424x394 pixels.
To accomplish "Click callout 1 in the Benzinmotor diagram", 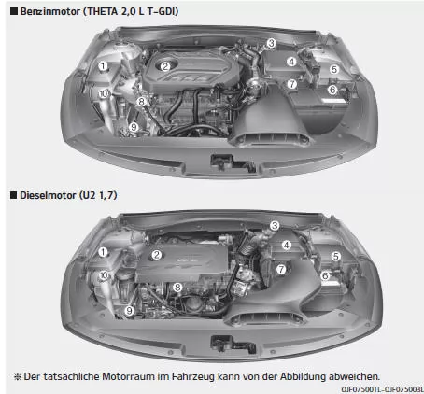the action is click(103, 66).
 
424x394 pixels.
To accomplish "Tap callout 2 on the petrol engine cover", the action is click(165, 66).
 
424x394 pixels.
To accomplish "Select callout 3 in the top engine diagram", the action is click(272, 43).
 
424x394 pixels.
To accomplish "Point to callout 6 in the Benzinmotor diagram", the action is click(332, 90).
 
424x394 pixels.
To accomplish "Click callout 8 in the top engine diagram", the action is click(141, 101).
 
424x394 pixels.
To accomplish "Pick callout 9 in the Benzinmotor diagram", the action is click(134, 127).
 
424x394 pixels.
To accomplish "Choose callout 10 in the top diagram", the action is click(104, 93).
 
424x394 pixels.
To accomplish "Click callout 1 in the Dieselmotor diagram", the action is click(103, 252).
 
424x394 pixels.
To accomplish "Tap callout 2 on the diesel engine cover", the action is click(157, 255).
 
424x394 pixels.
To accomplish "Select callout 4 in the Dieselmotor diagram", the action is click(287, 245).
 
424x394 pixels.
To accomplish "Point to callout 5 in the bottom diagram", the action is click(335, 256).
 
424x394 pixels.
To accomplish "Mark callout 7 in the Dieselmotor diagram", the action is click(281, 269).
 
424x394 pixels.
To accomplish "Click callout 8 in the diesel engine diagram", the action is click(177, 287).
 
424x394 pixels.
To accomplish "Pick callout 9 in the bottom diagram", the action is click(129, 310).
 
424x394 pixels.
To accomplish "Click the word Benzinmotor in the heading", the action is click(50, 11).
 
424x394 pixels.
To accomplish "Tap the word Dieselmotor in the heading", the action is click(49, 195).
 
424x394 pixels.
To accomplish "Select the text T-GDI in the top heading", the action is click(162, 11).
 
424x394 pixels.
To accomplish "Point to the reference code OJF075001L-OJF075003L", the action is click(382, 389).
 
